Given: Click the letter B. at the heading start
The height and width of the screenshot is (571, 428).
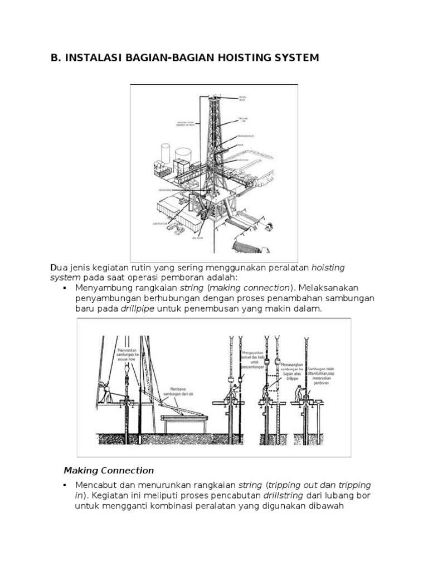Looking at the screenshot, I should tap(56, 57).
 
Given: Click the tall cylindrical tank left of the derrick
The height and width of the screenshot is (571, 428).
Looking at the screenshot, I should tap(165, 152).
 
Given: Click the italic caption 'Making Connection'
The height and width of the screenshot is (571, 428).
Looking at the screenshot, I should tap(109, 470).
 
